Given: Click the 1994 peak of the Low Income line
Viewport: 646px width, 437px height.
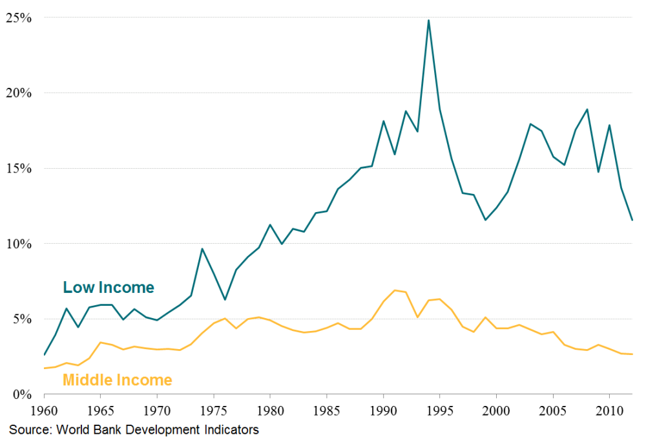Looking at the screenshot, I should (428, 20).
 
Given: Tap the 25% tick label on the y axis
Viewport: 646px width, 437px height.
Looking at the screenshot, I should (19, 17).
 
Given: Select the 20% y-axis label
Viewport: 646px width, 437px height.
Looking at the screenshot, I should (19, 93).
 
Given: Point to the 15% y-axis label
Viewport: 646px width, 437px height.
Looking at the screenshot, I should (19, 169).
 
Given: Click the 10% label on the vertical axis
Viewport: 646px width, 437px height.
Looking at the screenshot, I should (19, 244).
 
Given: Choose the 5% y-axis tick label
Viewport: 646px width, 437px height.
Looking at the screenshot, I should (22, 319).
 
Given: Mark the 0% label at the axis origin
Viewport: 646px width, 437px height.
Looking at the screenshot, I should (22, 394).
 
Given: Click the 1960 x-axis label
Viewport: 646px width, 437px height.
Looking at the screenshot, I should (44, 411).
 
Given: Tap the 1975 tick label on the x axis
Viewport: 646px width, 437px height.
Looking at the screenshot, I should (213, 411).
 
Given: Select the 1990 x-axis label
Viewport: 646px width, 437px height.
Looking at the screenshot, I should (383, 411).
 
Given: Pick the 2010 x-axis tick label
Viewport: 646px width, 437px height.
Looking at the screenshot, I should (609, 411).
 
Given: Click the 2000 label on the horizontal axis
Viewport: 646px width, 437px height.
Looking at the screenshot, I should (496, 411).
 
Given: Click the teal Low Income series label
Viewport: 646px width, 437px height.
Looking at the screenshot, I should (109, 288).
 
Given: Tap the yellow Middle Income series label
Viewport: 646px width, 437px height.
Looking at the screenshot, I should (117, 380).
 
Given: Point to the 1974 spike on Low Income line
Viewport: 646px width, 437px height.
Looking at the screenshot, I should (202, 248).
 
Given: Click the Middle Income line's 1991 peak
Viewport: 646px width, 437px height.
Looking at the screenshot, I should (395, 290).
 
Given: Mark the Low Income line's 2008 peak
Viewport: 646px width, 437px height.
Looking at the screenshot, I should (587, 109).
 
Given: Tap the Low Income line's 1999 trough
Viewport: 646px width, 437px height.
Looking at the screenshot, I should (485, 220).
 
